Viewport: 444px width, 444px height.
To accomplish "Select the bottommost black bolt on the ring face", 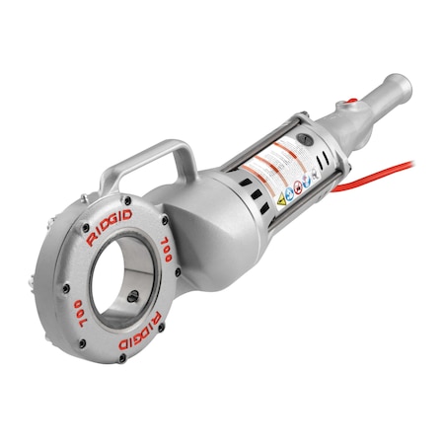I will [x=120, y=358].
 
